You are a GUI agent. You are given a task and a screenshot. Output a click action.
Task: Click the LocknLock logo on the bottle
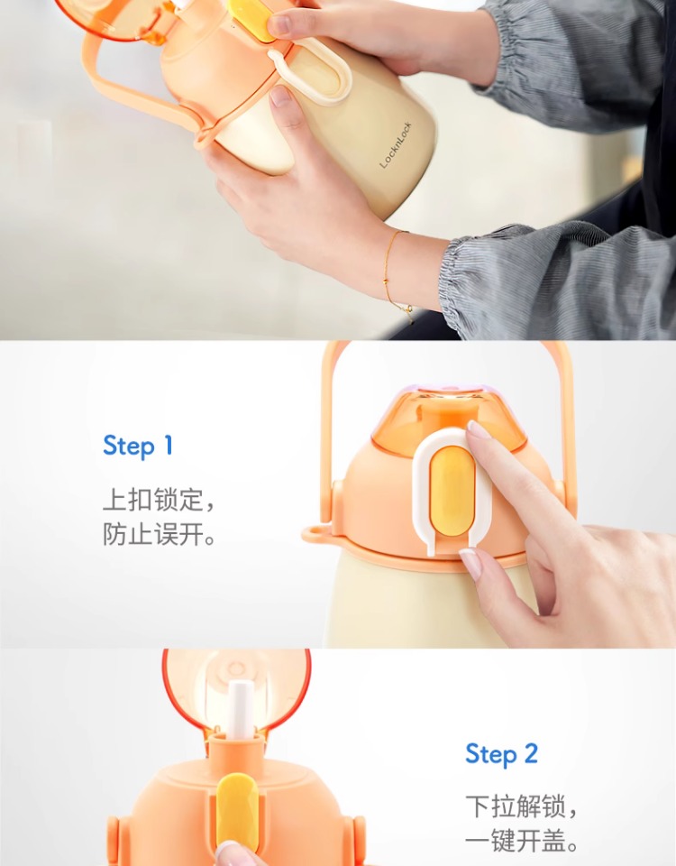(396, 144)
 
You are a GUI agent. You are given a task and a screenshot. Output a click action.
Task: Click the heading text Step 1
(138, 446)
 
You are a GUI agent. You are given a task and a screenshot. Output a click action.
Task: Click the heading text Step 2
(501, 754)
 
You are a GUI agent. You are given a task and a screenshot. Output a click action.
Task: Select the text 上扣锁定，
(159, 500)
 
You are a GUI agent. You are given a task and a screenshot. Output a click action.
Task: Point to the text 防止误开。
(159, 534)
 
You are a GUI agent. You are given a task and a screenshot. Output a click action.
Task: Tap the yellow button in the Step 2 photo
(237, 812)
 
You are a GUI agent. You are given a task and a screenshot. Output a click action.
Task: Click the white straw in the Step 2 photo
(241, 711)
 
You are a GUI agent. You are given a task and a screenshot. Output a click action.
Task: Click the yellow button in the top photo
(252, 19)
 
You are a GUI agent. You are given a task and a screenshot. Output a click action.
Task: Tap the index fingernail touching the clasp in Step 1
(479, 429)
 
